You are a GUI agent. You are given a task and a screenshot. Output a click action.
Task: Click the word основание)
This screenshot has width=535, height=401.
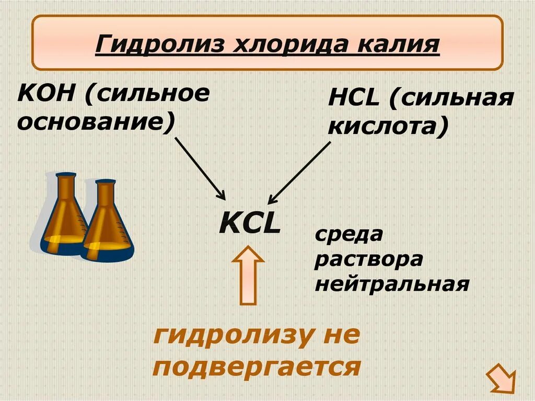coord(96,122)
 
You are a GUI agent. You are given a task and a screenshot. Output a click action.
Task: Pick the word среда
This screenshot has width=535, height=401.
coord(348,235)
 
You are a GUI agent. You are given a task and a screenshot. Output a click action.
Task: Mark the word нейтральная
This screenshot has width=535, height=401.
coord(391,285)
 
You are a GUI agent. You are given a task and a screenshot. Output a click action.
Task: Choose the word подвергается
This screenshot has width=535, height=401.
coord(257,368)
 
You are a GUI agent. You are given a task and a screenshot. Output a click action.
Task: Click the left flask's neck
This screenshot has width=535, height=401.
coord(66,191)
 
